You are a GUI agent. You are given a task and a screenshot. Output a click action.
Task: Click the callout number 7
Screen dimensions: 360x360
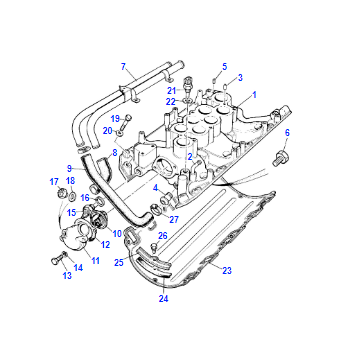click(x=124, y=67)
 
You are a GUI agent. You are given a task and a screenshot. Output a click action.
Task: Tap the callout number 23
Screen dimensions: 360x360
click(x=227, y=271)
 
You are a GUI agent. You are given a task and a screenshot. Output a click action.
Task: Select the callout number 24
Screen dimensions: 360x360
click(x=163, y=299)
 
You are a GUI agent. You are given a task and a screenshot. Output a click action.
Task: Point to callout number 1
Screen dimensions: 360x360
click(x=254, y=95)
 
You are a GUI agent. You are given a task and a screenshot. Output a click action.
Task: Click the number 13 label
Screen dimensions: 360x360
click(x=67, y=275)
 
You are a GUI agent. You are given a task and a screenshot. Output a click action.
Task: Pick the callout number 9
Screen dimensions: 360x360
click(x=69, y=169)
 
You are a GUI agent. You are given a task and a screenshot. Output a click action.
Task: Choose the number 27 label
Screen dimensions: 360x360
click(x=174, y=220)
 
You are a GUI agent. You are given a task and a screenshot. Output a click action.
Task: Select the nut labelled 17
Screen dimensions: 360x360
click(x=61, y=193)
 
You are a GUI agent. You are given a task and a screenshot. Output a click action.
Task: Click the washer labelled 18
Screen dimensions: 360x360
click(x=72, y=196)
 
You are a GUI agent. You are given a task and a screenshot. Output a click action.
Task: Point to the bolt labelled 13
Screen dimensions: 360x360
click(x=56, y=259)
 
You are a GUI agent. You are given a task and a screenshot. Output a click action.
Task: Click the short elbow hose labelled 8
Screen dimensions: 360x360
click(x=104, y=168)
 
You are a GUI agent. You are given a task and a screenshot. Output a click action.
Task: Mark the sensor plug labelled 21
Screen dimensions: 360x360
click(x=188, y=86)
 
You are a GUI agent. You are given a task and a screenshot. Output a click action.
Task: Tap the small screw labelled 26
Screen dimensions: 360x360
click(x=154, y=247)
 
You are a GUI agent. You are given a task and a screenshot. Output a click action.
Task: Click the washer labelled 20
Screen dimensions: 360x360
click(x=120, y=134)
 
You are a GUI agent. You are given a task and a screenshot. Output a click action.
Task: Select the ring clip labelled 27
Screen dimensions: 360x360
click(x=155, y=209)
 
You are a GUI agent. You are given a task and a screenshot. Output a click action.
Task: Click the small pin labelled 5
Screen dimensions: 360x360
click(x=215, y=80)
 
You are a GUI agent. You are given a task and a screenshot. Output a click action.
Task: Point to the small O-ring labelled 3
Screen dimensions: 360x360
click(x=226, y=86)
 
